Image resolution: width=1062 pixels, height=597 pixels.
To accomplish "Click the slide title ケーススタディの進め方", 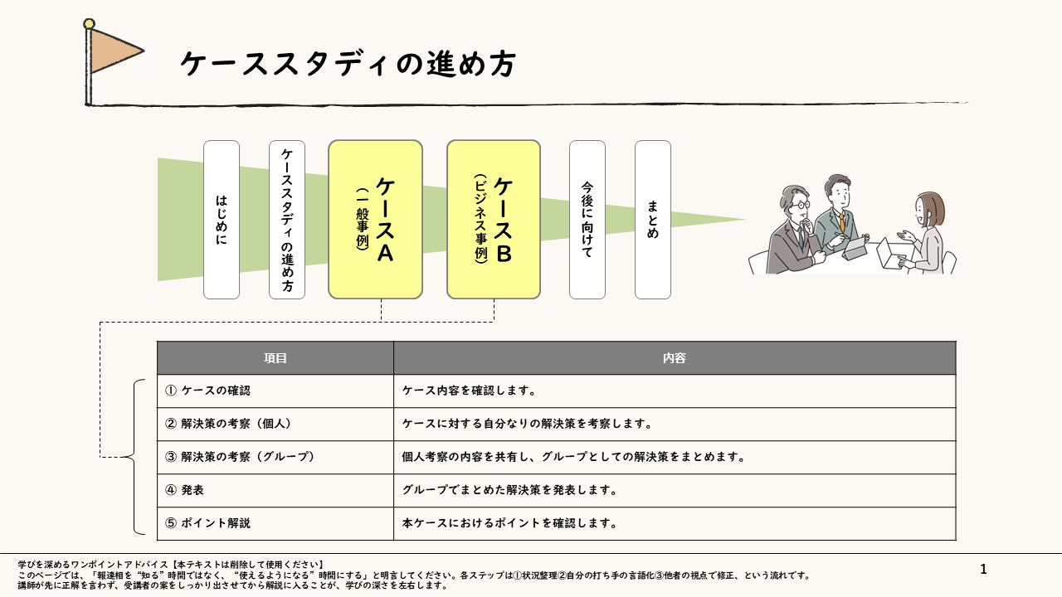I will [x=348, y=64].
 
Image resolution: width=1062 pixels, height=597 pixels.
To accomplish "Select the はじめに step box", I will [x=222, y=220].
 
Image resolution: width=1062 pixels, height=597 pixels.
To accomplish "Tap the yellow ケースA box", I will [x=375, y=220].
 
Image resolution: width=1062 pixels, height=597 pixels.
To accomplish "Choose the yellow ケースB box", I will [x=494, y=220].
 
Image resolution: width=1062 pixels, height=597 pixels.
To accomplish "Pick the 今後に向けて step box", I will [x=587, y=220].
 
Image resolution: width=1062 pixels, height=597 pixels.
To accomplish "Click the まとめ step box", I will [x=652, y=220].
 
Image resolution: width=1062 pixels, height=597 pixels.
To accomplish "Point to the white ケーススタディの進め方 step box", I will [x=287, y=220].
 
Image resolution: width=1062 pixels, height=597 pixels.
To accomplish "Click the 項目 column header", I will [x=275, y=358].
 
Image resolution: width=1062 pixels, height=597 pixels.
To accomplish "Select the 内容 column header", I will [x=675, y=358].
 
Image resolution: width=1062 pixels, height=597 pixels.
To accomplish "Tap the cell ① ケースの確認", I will [x=275, y=391].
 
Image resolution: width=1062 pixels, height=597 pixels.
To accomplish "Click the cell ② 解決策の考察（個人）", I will [x=275, y=424].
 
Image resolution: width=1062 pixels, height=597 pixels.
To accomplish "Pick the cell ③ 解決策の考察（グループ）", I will [x=275, y=457].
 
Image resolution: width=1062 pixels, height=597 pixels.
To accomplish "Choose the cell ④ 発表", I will [x=275, y=490].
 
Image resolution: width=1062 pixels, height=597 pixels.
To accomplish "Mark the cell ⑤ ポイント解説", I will [x=275, y=523].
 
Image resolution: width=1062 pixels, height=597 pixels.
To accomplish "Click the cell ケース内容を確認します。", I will [x=675, y=391].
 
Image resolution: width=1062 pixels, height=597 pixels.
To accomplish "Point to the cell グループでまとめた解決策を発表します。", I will [x=675, y=490].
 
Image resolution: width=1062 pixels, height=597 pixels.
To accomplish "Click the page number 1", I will [x=984, y=569].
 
